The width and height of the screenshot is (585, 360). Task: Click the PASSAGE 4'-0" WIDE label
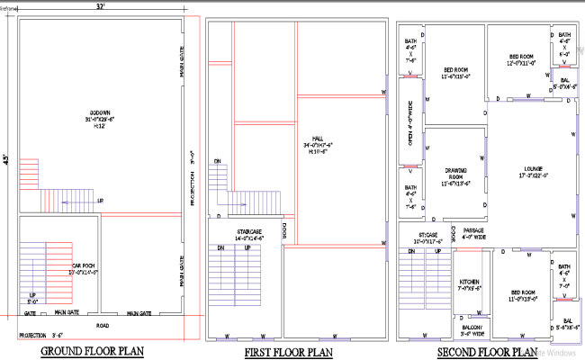(473, 234)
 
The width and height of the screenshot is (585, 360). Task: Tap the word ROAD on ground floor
(103, 324)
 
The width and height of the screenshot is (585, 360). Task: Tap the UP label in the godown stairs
(99, 200)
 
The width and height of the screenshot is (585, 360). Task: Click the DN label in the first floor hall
(217, 162)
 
